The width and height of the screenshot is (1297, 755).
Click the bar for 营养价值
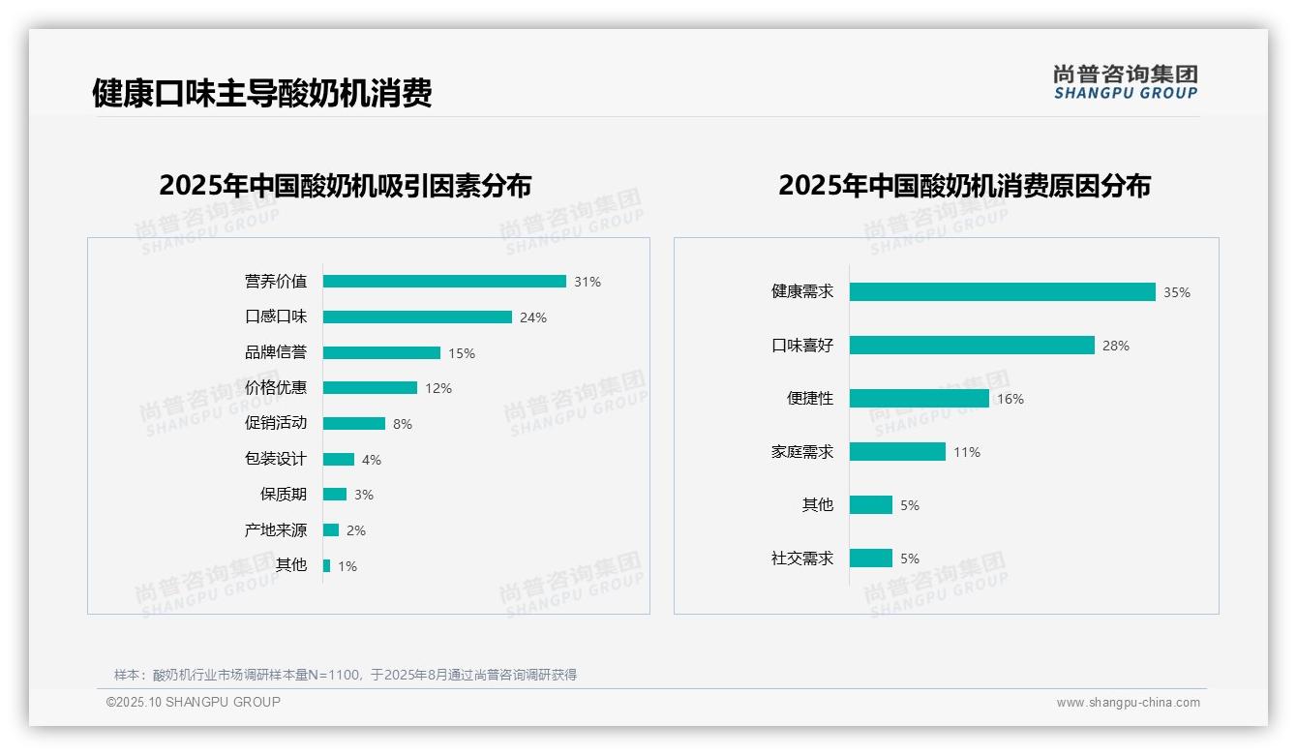444,282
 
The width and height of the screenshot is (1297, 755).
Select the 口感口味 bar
417,317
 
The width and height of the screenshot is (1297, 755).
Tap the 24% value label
533,317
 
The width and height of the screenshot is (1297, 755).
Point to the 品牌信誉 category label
276,352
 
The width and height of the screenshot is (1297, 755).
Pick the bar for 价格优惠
370,388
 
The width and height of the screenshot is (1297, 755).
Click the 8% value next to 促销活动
403,424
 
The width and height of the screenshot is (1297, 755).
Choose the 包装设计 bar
339,460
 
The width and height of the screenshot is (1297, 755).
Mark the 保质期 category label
284,495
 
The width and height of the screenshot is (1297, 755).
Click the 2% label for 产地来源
356,530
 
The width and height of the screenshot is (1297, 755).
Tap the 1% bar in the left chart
327,566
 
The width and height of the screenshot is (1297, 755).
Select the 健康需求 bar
1003,292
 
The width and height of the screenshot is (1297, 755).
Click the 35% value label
1177,292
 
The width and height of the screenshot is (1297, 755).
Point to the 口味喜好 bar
972,346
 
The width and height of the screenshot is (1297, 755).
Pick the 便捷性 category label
810,399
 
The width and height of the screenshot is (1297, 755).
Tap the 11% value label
967,452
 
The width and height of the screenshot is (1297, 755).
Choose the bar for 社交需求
871,559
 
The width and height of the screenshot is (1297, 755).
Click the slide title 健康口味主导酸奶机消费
261,94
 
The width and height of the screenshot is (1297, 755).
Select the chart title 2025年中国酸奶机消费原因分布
964,186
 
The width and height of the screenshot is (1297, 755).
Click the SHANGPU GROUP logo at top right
1126,82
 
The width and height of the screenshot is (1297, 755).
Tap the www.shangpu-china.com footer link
1128,703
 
